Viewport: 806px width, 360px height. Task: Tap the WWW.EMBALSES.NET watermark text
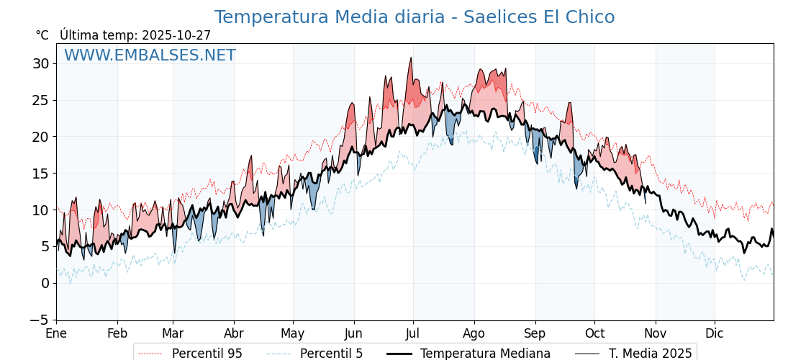coord(150,55)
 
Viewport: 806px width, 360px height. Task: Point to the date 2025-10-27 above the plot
coord(176,35)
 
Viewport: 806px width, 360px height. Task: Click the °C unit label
coord(42,35)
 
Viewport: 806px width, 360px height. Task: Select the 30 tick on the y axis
coord(40,63)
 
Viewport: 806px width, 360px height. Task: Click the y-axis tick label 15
coord(40,174)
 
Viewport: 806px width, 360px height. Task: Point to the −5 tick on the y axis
coord(40,320)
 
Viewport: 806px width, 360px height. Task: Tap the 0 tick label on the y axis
coord(45,283)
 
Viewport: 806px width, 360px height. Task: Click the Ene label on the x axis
coord(56,333)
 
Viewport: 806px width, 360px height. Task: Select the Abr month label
coord(233,333)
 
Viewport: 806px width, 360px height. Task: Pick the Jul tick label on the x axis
coord(413,333)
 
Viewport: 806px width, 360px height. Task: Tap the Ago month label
coord(474,333)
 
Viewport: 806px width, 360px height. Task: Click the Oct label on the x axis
coord(594,333)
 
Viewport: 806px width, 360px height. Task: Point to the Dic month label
coord(715,333)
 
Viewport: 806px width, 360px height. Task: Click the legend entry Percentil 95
coord(207,354)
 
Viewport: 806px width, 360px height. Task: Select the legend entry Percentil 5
coord(331,354)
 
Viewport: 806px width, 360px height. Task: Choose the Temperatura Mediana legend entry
coord(485,354)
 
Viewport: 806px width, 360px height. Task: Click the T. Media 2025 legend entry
coord(650,354)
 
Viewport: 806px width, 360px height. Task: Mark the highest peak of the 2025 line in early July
coord(411,58)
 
